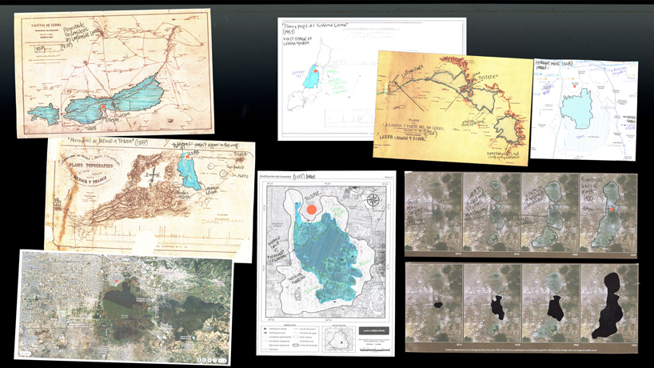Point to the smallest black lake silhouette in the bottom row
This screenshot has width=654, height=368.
(x=438, y=305)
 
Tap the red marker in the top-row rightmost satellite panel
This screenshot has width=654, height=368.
(x=611, y=209)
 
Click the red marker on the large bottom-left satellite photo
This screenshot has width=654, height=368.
(x=117, y=280)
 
